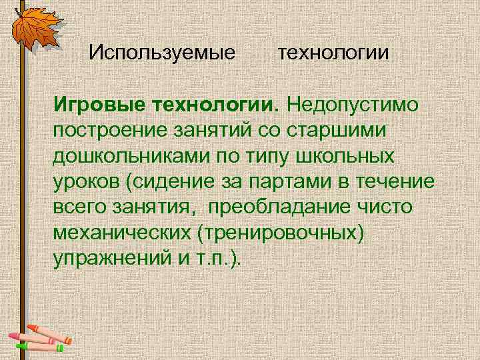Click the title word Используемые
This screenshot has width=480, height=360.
coord(163,51)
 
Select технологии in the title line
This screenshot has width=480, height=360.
coord(333,51)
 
